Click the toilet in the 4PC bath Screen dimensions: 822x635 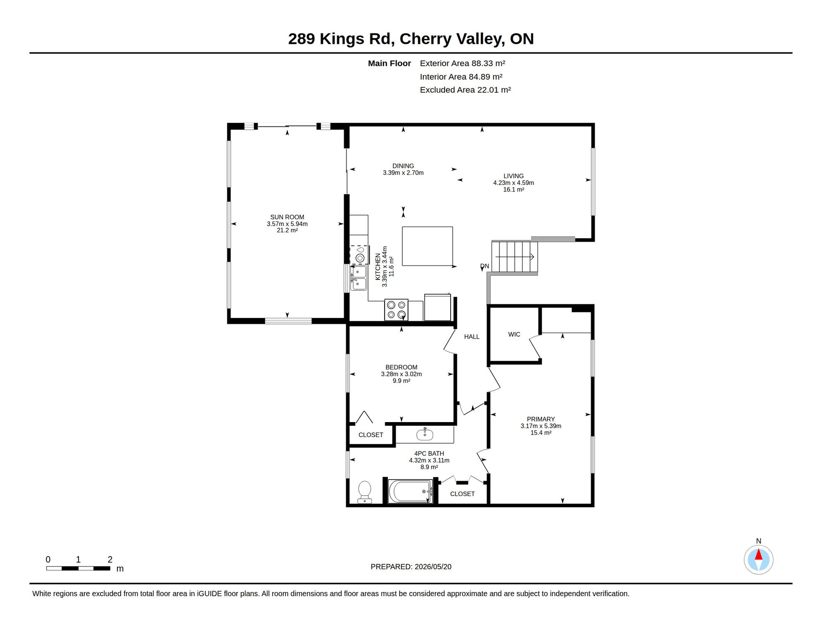point(365,492)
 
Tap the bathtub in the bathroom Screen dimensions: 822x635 point(411,491)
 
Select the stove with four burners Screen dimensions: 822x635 point(396,310)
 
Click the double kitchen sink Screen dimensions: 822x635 point(358,278)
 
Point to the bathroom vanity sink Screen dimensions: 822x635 point(425,434)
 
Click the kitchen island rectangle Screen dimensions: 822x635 point(428,246)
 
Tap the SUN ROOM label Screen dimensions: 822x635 point(287,217)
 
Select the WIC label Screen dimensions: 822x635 point(514,334)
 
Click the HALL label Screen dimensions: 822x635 point(472,337)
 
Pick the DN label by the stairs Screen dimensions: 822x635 point(485,266)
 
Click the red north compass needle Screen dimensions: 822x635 point(759,554)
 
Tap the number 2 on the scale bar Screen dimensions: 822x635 point(110,560)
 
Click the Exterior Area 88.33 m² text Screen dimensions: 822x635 point(463,63)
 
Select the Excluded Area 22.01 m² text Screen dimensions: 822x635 point(466,90)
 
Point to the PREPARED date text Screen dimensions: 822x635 point(411,567)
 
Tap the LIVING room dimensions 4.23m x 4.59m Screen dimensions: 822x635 point(514,183)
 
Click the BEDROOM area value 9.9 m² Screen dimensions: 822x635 point(401,381)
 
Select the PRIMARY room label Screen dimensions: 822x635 point(541,419)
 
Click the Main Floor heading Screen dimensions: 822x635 point(389,63)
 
